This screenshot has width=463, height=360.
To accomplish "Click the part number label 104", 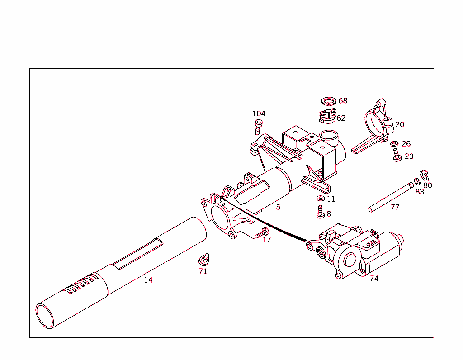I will pyautogui.click(x=259, y=114).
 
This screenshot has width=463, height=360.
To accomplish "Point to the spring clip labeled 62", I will pyautogui.click(x=327, y=117).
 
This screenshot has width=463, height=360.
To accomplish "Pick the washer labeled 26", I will pyautogui.click(x=395, y=144).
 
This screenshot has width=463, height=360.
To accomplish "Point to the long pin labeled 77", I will pyautogui.click(x=391, y=196).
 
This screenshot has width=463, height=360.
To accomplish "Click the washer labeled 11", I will pyautogui.click(x=320, y=199).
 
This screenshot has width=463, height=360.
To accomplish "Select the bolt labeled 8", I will pyautogui.click(x=320, y=212).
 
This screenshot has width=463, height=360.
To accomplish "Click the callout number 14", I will pyautogui.click(x=148, y=280).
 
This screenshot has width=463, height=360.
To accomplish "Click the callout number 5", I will pyautogui.click(x=278, y=207).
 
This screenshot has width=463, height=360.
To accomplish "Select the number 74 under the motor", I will pyautogui.click(x=374, y=279).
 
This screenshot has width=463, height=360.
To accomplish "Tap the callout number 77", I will pyautogui.click(x=395, y=207).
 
